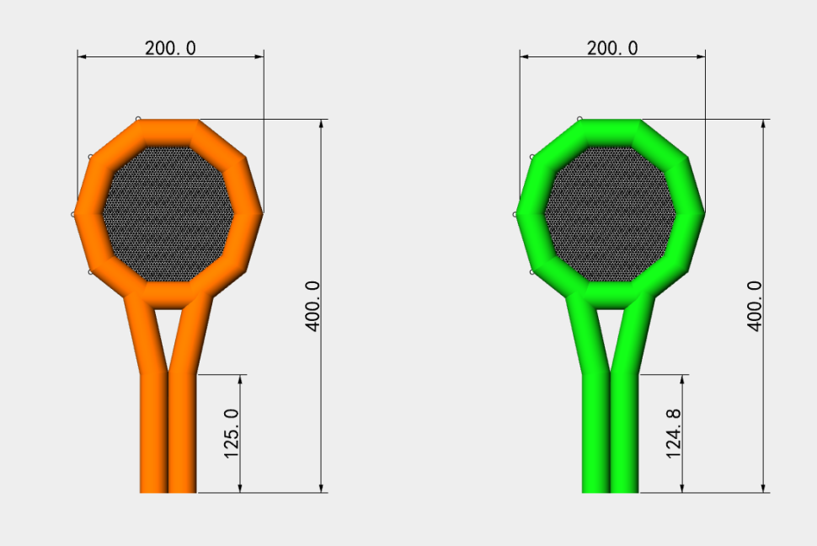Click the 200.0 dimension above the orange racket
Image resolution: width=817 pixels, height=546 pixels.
point(170,48)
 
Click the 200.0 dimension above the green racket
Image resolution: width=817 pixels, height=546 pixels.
point(612,48)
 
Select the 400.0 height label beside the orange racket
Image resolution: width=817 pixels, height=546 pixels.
point(312,306)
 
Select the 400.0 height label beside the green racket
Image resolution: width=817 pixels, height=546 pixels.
point(755,306)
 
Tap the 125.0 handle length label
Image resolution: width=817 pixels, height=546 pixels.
point(232,434)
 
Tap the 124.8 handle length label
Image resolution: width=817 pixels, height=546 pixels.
point(673,434)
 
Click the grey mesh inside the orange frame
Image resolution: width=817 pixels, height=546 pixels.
point(168,214)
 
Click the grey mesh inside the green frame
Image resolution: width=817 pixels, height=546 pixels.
point(610,214)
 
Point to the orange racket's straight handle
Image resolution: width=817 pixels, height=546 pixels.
point(168,433)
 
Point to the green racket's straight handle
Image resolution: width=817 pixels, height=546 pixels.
point(610,433)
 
